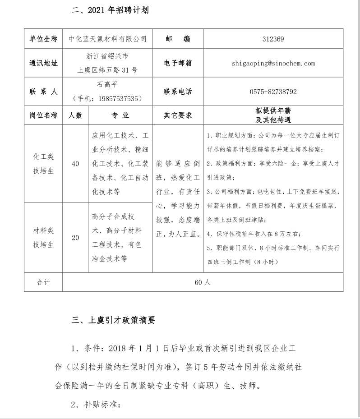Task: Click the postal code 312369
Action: [x=273, y=39]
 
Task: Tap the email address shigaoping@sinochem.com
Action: [x=273, y=63]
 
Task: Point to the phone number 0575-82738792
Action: [x=273, y=92]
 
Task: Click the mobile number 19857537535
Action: [x=113, y=98]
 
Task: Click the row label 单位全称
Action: [x=43, y=39]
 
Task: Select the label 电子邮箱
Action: [x=178, y=63]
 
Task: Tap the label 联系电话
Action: [x=178, y=92]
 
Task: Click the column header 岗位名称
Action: [x=43, y=115]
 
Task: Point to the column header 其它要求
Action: [x=178, y=115]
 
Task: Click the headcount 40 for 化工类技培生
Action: [x=75, y=164]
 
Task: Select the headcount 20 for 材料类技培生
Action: [x=75, y=238]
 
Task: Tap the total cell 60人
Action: [x=203, y=282]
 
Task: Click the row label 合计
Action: [x=43, y=282]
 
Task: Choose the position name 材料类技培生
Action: [x=43, y=238]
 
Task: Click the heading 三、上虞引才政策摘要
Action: [x=113, y=320]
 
